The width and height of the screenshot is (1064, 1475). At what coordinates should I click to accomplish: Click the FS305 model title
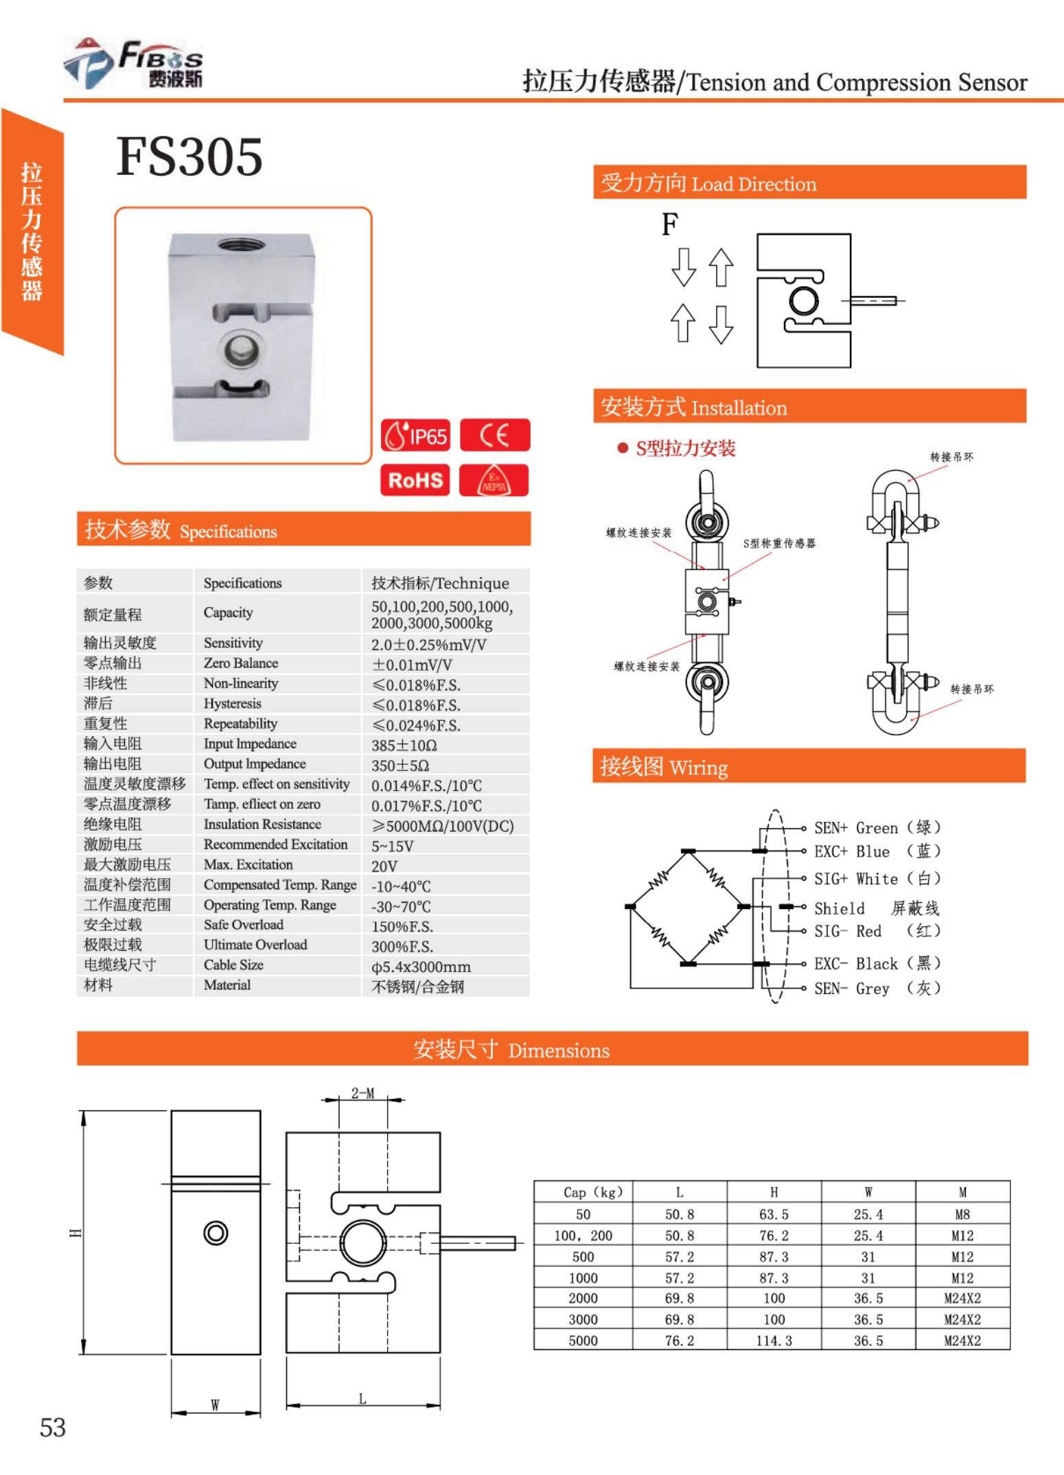(189, 156)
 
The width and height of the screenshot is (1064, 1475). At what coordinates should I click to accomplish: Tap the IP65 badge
(415, 435)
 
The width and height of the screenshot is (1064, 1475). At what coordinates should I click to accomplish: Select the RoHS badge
(415, 480)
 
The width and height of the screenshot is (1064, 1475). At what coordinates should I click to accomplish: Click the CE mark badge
(494, 435)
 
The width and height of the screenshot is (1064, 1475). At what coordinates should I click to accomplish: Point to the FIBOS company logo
(134, 64)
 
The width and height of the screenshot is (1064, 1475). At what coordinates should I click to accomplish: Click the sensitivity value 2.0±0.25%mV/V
(428, 644)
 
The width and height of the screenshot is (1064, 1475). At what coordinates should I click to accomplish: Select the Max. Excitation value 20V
(384, 866)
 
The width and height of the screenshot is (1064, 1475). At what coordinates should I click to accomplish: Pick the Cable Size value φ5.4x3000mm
(421, 967)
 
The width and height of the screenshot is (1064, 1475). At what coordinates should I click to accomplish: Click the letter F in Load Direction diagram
(670, 224)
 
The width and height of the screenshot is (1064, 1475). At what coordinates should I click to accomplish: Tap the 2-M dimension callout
(362, 1093)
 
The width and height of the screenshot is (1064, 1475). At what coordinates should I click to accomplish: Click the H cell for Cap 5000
(774, 1341)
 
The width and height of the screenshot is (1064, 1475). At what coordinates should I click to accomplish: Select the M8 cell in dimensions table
(962, 1214)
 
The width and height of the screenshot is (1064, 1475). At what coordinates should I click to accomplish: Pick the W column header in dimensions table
(868, 1192)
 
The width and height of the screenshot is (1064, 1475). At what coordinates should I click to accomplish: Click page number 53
(53, 1428)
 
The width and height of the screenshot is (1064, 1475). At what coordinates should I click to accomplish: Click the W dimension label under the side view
(215, 1404)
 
